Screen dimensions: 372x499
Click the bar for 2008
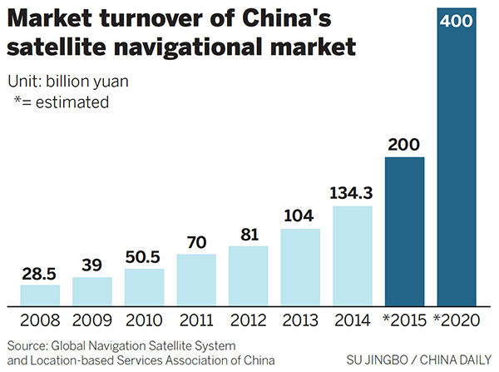[40, 295]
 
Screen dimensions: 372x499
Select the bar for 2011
[196, 279]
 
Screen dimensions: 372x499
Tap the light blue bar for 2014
[353, 255]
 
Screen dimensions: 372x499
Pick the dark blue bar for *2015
[405, 231]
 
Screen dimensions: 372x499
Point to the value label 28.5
[40, 273]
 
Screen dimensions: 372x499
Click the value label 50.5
[144, 257]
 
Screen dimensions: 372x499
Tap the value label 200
[405, 145]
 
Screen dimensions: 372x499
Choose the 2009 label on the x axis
[91, 320]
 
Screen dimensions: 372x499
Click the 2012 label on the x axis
[248, 320]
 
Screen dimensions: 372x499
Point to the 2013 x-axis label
[300, 320]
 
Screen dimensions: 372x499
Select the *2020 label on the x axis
[457, 320]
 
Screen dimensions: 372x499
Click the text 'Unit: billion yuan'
[70, 82]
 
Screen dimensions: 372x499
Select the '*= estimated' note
[62, 102]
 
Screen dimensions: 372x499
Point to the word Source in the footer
[27, 344]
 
